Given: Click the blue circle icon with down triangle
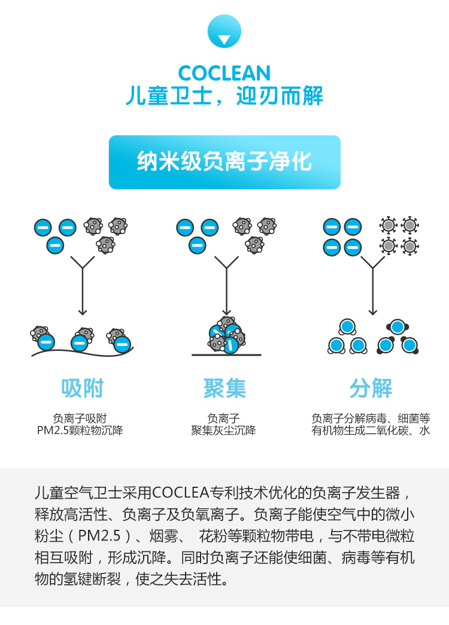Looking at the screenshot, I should pyautogui.click(x=224, y=32).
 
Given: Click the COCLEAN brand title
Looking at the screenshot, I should pyautogui.click(x=224, y=73).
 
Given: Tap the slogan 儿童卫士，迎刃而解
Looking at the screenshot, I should pyautogui.click(x=224, y=96).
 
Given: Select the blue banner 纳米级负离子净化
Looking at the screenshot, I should pyautogui.click(x=224, y=162).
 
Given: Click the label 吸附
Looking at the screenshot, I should pyautogui.click(x=82, y=389).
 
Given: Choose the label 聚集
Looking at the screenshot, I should pyautogui.click(x=224, y=389).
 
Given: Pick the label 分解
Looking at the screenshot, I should pyautogui.click(x=371, y=389).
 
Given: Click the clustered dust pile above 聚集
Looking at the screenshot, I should pyautogui.click(x=226, y=335).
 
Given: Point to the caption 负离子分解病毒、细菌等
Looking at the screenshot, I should pyautogui.click(x=371, y=418).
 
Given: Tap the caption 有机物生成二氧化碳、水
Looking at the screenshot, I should pyautogui.click(x=371, y=430).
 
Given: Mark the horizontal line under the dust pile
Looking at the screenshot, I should pyautogui.click(x=226, y=355).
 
